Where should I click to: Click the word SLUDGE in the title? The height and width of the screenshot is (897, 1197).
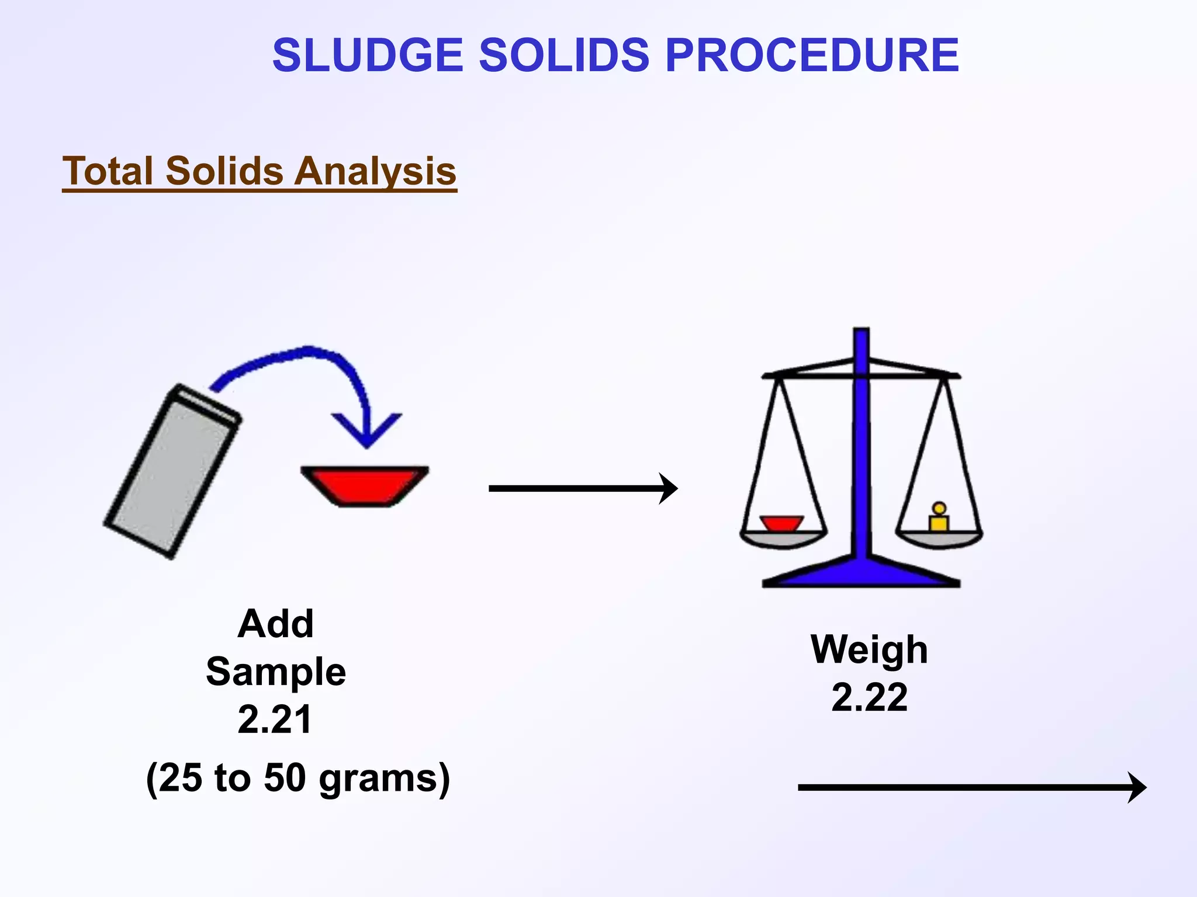(x=368, y=55)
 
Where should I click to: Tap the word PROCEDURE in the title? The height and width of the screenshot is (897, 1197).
(x=812, y=55)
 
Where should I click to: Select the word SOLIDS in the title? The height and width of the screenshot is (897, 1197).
(x=564, y=55)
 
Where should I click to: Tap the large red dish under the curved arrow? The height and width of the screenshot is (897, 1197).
(x=365, y=485)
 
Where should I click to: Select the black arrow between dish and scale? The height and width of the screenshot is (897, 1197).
(x=582, y=488)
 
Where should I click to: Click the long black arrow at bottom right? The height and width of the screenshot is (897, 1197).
(x=970, y=787)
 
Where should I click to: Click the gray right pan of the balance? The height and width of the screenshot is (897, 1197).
(x=939, y=539)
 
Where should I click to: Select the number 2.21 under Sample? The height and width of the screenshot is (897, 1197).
(x=275, y=719)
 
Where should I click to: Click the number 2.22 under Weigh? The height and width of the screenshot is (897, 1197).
(x=869, y=697)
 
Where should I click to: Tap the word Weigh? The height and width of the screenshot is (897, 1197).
(x=869, y=649)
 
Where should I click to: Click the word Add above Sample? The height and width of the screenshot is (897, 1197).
(x=275, y=624)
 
